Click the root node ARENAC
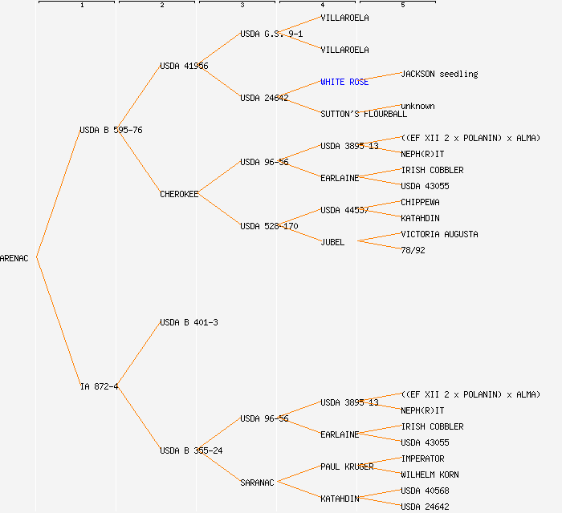14,258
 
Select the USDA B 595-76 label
111,130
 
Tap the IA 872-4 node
99,386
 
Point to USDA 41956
184,66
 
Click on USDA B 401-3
189,322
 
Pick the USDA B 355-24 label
191,450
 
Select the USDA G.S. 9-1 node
271,34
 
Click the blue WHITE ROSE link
344,82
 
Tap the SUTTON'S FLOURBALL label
364,114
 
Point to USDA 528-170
269,226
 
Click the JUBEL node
332,242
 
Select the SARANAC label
257,483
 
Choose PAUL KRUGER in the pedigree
347,467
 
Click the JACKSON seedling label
439,74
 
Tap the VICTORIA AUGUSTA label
439,234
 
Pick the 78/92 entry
413,250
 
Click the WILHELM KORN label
430,475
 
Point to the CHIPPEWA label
420,202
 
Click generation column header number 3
242,6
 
